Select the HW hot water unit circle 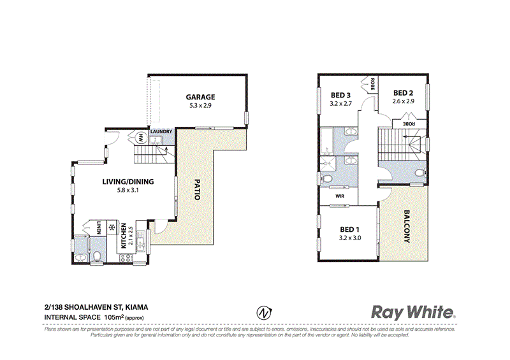[140, 137]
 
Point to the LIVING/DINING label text [124, 181]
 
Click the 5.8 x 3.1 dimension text [124, 190]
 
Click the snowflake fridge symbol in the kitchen [111, 228]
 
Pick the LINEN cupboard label [99, 228]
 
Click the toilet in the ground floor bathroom [96, 257]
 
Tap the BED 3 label [341, 94]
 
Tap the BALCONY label [406, 227]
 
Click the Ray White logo [413, 312]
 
